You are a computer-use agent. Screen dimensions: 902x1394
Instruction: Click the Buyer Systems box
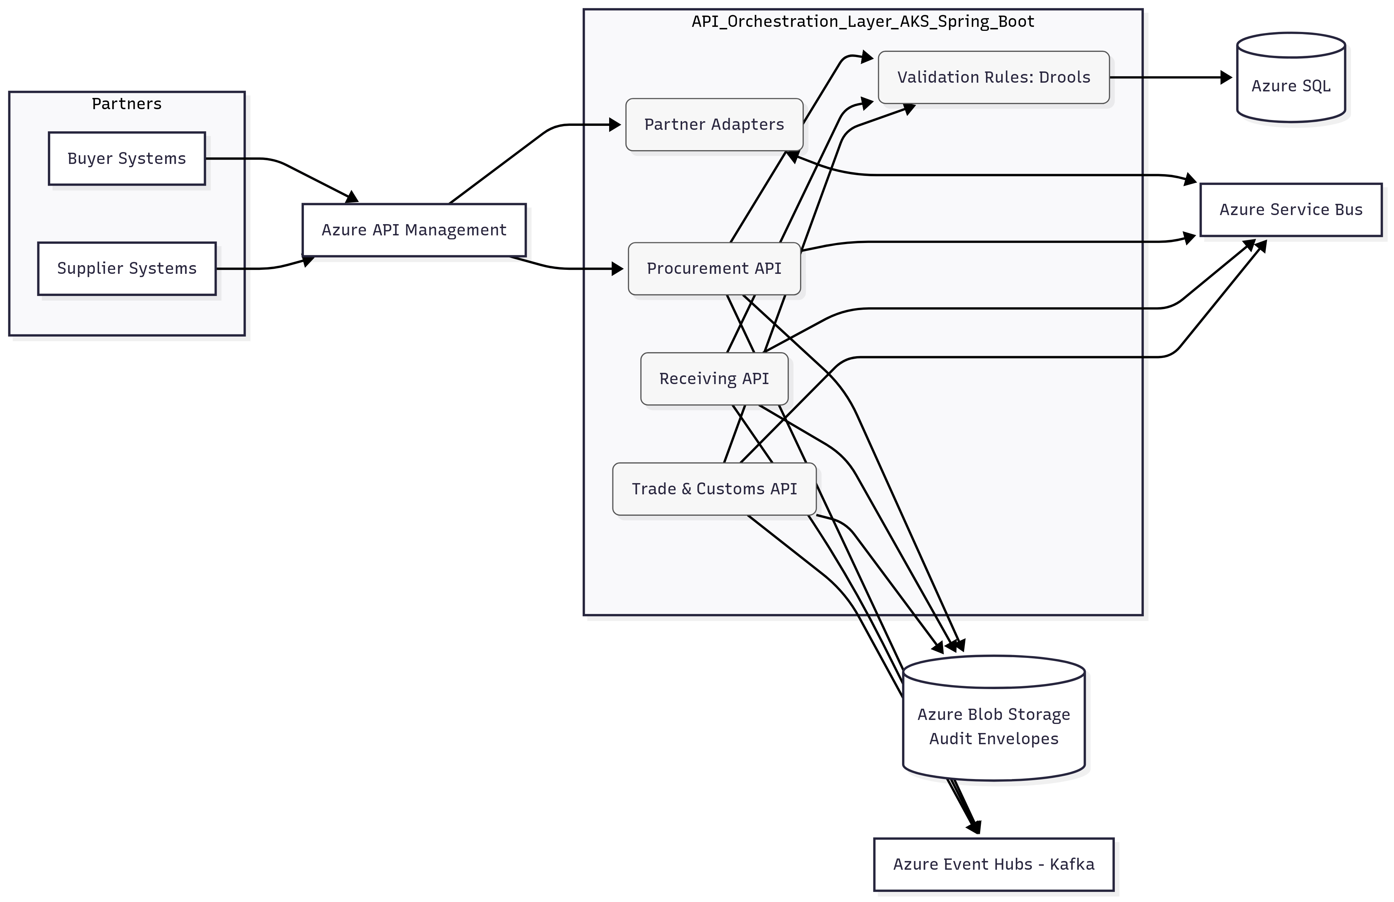tap(127, 158)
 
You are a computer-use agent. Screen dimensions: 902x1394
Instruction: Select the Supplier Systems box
tap(127, 269)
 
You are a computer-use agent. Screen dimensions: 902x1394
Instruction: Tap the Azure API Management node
tap(413, 230)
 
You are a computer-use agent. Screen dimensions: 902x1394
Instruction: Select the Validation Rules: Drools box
tap(993, 77)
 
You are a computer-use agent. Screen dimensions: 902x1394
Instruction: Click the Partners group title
tap(127, 104)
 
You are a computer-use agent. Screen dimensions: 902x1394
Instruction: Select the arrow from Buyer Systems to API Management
tap(287, 167)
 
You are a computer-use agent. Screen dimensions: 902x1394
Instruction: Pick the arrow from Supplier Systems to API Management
tap(264, 268)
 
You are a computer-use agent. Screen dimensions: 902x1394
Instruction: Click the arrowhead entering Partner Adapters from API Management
tap(615, 125)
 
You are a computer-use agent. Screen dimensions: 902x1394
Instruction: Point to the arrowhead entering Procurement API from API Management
tap(617, 269)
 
